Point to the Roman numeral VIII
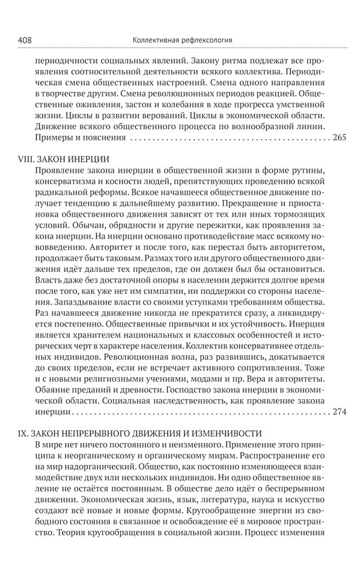point(25,161)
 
